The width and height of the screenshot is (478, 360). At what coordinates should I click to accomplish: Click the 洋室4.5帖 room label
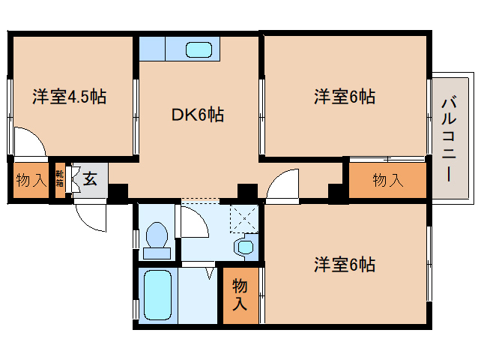click(x=69, y=97)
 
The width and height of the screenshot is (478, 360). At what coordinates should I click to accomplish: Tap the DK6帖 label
click(x=198, y=115)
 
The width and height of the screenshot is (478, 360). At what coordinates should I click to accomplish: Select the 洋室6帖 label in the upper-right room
click(x=345, y=97)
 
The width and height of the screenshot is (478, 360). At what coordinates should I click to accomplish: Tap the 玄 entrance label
click(x=90, y=179)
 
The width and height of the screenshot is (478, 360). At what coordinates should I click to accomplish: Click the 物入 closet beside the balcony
click(x=387, y=180)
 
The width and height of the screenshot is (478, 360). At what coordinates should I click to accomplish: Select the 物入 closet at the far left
click(x=31, y=180)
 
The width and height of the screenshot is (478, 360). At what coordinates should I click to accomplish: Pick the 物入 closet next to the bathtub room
click(x=240, y=295)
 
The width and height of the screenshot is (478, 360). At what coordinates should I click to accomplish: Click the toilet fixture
click(x=157, y=239)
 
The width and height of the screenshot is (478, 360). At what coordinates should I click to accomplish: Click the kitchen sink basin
click(x=200, y=49)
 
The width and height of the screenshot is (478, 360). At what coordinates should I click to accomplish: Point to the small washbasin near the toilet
click(x=245, y=246)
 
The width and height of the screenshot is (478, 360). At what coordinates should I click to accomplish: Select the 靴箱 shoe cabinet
click(x=60, y=180)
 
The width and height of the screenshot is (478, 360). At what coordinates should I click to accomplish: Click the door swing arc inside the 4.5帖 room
click(x=28, y=142)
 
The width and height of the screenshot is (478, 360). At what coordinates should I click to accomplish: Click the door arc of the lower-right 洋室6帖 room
click(x=282, y=185)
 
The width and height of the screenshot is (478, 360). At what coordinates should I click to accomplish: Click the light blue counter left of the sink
click(x=151, y=49)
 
